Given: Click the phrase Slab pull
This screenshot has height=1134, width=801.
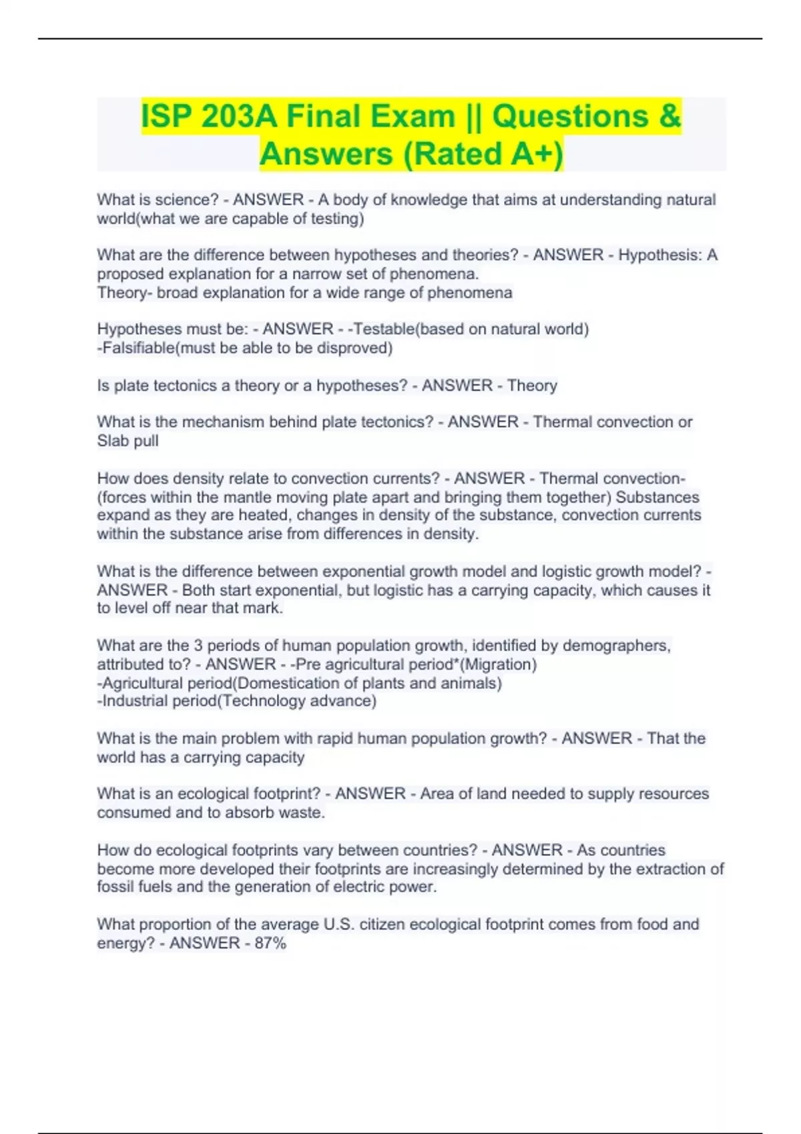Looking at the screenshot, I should (127, 441).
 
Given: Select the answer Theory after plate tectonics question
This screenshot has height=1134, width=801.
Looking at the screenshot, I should (532, 386).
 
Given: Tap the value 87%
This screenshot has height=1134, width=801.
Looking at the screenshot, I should (270, 943).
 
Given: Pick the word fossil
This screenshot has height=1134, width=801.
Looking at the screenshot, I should (115, 887).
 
